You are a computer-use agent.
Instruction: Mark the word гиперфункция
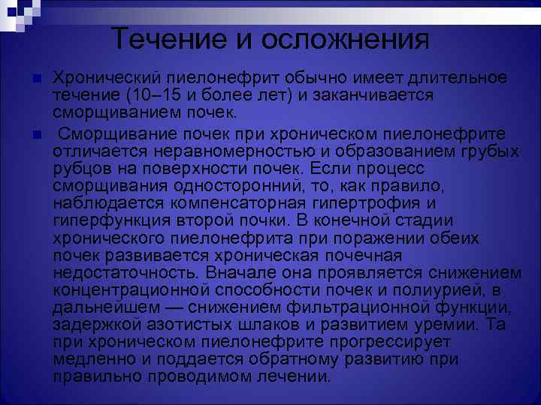pyautogui.click(x=105, y=220)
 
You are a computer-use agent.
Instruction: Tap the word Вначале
pyautogui.click(x=240, y=273)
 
